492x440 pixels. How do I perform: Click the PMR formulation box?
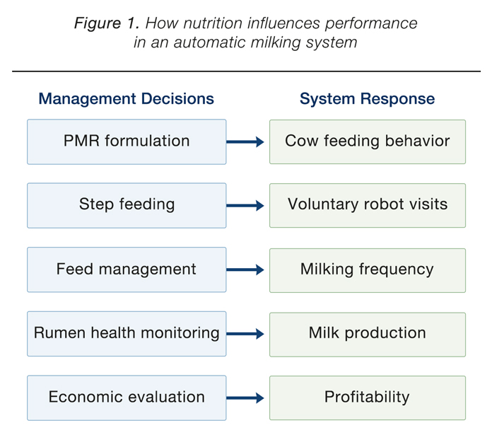pos(127,141)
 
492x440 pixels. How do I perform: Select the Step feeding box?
pos(127,205)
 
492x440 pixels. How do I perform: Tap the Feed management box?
pos(127,270)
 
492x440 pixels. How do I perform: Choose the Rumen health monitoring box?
pos(127,333)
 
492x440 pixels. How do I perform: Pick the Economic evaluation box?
pos(127,398)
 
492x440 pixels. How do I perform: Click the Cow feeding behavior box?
pos(368,141)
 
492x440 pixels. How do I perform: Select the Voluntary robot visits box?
pos(368,205)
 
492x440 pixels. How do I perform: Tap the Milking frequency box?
pos(368,270)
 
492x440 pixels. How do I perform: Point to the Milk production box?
pos(368,335)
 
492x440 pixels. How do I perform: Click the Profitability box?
pos(368,398)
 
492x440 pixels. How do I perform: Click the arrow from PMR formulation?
pos(245,141)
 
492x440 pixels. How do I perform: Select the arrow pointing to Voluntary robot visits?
pos(245,206)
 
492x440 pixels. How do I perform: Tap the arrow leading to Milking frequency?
pos(245,270)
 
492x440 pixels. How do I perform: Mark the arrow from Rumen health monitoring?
pos(245,334)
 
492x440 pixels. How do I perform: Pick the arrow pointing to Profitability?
pos(245,398)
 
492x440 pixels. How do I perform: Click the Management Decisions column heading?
pos(126,98)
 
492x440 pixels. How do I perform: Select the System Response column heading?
pos(367,99)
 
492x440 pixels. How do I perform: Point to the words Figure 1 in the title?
pos(107,23)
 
